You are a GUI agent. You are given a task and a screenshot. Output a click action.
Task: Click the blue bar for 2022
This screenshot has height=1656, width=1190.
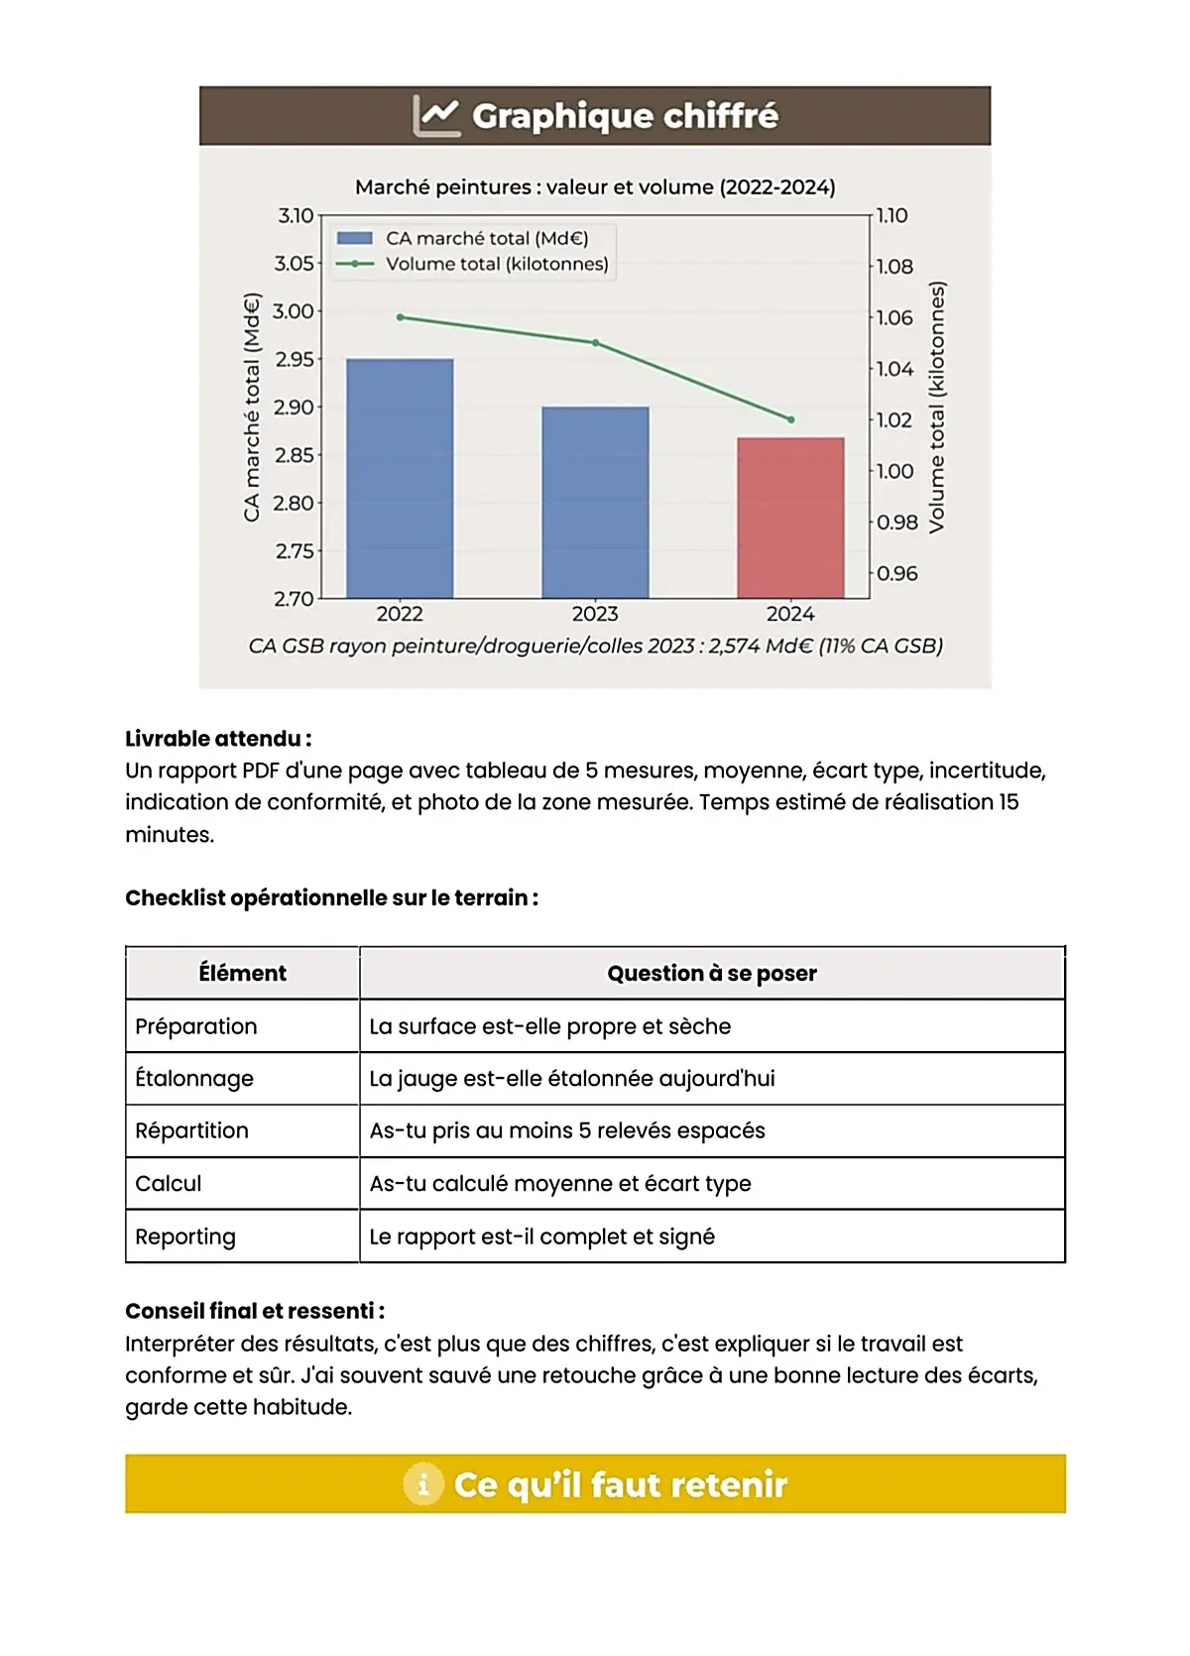coord(400,478)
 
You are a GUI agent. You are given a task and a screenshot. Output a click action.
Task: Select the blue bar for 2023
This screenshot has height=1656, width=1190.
coord(595,502)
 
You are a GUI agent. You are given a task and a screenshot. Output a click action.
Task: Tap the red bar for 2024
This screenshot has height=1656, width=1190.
coord(790,518)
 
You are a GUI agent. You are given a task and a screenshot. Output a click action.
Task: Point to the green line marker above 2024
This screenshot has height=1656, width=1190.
coord(790,419)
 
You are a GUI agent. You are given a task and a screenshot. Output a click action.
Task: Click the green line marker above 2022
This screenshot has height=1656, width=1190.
coord(400,317)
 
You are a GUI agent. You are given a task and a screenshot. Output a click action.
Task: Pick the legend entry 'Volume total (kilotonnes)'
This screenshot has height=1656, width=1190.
coord(496,264)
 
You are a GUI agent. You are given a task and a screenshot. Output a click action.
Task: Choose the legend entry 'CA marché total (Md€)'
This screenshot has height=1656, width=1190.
coord(486,238)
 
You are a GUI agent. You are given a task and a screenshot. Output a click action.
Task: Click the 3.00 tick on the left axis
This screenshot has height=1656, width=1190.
coord(294,311)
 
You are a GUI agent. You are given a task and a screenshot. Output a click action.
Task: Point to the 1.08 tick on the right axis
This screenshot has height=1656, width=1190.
coord(894,267)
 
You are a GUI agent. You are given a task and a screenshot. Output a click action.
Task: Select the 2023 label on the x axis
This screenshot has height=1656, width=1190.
coord(595,614)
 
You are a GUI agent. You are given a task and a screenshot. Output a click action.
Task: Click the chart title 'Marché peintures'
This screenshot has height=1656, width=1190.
coord(595,186)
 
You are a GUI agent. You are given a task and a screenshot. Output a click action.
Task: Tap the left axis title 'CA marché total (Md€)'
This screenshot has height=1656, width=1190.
coord(252,407)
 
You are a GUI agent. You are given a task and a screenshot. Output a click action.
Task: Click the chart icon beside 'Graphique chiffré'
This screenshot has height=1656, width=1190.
coord(435,116)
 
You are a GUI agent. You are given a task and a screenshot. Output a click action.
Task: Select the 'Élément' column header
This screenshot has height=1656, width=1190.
coord(242,974)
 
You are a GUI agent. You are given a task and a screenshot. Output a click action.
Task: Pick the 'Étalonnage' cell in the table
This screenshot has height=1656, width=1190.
coord(194,1079)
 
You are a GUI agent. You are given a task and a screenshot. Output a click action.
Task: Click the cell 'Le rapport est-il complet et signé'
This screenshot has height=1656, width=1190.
coord(541,1237)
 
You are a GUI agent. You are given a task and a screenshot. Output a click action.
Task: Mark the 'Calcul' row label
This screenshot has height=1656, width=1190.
coord(169,1184)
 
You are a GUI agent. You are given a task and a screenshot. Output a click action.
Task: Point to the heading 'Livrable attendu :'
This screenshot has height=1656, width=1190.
coord(218,739)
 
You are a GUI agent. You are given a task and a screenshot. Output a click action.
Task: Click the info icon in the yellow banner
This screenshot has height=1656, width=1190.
coord(423,1484)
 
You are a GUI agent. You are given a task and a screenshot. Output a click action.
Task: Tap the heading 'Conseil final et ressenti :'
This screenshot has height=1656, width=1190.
coord(255,1311)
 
